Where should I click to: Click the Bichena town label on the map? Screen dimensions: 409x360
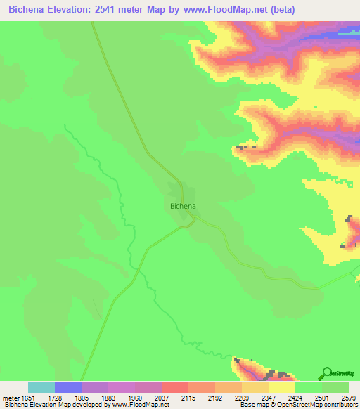click(183, 206)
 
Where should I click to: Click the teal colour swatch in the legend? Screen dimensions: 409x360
click(41, 387)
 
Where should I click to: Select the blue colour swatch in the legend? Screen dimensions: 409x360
click(68, 387)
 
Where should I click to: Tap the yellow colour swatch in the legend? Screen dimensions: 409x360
click(282, 387)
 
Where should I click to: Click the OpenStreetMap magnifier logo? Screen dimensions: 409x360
click(328, 372)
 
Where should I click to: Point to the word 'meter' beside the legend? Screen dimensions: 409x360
click(11, 397)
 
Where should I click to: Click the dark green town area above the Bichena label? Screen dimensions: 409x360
click(176, 191)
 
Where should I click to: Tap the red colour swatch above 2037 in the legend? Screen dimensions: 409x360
click(175, 387)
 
